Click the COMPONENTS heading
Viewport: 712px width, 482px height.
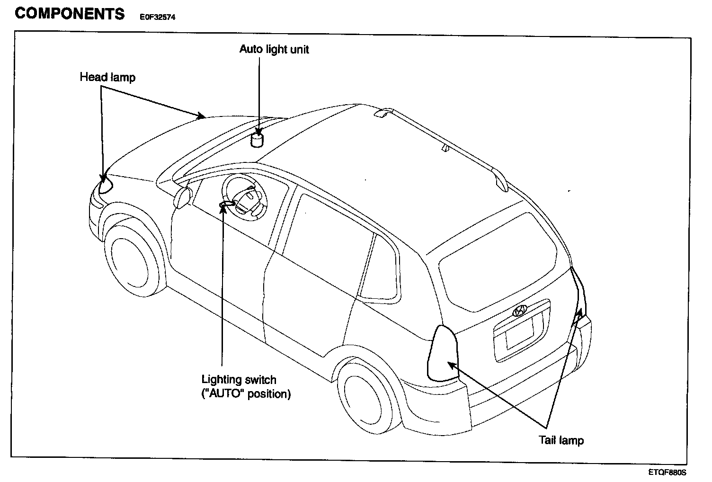click(70, 13)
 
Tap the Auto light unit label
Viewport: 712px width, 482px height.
click(274, 49)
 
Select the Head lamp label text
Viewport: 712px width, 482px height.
click(107, 77)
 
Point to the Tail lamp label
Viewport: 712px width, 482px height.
click(561, 440)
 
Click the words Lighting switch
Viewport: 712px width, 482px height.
click(239, 379)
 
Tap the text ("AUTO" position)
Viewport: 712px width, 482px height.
click(246, 393)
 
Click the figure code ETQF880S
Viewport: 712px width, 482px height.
click(667, 472)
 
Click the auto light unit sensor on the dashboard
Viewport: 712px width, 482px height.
click(257, 140)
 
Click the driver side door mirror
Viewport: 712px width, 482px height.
click(182, 197)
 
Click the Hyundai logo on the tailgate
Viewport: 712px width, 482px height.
click(519, 311)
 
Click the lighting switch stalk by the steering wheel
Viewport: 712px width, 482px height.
click(226, 203)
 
